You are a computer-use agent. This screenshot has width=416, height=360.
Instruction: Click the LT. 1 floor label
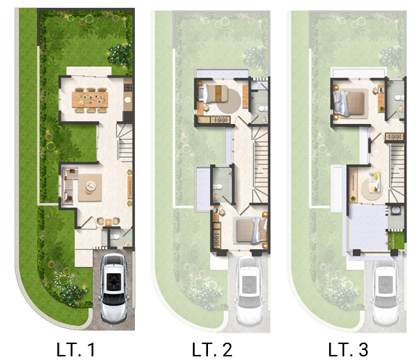[x=75, y=349]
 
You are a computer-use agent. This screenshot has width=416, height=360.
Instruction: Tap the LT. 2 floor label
[x=212, y=349]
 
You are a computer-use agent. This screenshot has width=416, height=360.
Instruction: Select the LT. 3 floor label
[x=348, y=349]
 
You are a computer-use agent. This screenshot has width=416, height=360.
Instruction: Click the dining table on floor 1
[x=90, y=99]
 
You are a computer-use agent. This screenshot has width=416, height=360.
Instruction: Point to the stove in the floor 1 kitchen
[x=128, y=87]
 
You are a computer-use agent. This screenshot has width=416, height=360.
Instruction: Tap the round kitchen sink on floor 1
[x=128, y=100]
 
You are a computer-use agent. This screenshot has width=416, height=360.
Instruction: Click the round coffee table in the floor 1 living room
[x=91, y=185]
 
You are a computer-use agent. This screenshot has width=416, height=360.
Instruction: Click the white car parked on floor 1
[x=114, y=288]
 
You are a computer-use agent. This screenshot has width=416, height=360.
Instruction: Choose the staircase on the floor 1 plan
[x=125, y=143]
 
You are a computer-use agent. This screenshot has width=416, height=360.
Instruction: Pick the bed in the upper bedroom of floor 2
[x=213, y=93]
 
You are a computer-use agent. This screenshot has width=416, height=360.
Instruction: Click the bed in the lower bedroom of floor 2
[x=251, y=230]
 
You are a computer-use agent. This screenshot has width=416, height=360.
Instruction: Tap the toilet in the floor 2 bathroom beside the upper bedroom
[x=262, y=109]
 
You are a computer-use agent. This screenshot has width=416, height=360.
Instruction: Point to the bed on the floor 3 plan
[x=349, y=104]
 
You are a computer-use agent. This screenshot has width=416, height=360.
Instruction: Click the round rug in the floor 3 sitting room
[x=371, y=189]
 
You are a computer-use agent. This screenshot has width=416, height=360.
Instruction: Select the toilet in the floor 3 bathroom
[x=399, y=98]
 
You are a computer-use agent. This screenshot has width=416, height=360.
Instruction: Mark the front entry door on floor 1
[x=88, y=222]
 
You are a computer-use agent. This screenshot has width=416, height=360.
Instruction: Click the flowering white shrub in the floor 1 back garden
[x=119, y=54]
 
